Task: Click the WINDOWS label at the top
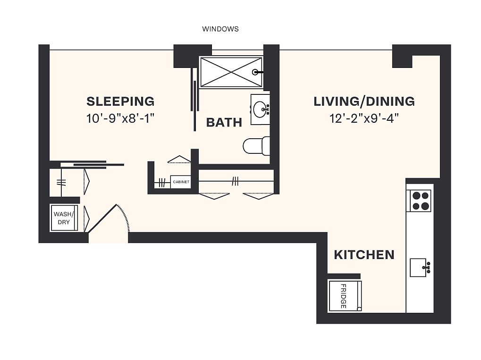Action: (x=220, y=29)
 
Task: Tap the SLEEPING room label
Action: (x=120, y=101)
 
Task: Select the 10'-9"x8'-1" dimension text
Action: (x=120, y=118)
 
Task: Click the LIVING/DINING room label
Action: (x=364, y=101)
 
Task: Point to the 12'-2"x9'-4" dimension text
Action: (x=364, y=118)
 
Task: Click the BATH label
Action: (x=224, y=122)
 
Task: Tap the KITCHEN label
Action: (x=364, y=255)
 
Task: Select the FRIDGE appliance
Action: (x=345, y=296)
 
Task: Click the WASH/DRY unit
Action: (x=64, y=218)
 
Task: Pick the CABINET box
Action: (x=181, y=182)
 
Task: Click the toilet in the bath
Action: (x=256, y=146)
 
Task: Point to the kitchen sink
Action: (x=418, y=268)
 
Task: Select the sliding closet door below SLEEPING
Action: (x=92, y=165)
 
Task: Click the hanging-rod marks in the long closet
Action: (x=235, y=182)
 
